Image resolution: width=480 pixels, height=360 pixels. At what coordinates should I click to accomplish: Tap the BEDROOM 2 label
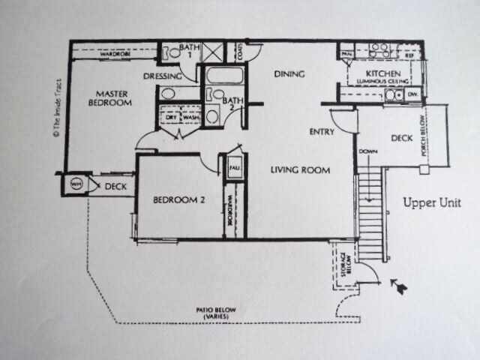point(179,200)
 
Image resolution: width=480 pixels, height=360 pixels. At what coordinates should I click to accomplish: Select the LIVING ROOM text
point(300,170)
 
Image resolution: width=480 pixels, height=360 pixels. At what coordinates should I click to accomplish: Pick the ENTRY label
point(321,132)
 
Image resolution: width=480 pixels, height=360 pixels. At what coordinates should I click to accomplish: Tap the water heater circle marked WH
point(75,184)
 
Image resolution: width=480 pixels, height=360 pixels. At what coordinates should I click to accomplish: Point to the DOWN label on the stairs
point(367,151)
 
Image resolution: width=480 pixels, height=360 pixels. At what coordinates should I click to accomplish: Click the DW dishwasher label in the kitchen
point(412,94)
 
